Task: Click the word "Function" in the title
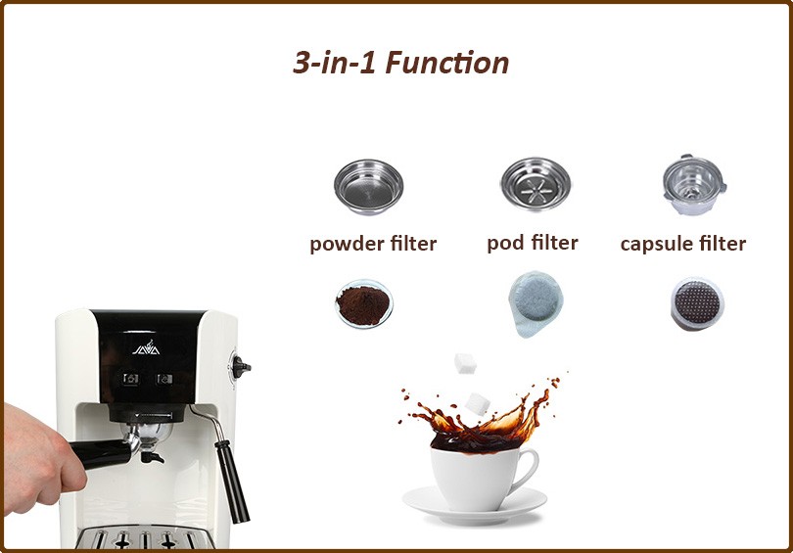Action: pyautogui.click(x=446, y=63)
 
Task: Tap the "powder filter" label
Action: pyautogui.click(x=373, y=244)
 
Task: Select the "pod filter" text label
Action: pyautogui.click(x=532, y=242)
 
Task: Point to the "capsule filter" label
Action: pyautogui.click(x=682, y=244)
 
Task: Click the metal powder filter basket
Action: pyautogui.click(x=367, y=185)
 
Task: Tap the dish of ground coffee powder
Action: pyautogui.click(x=363, y=303)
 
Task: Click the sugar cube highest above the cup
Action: pyautogui.click(x=465, y=364)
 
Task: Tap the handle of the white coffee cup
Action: pyautogui.click(x=526, y=471)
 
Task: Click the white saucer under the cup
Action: pyautogui.click(x=474, y=506)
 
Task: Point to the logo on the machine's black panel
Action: pyautogui.click(x=145, y=346)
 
